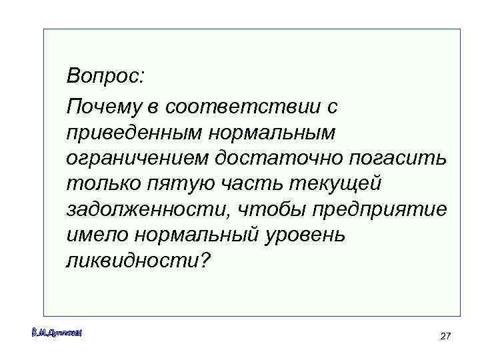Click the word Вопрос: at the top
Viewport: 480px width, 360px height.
click(105, 76)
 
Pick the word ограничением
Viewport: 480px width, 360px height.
click(138, 159)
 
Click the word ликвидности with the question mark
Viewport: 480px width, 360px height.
click(138, 261)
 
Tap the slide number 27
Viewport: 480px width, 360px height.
click(446, 337)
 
